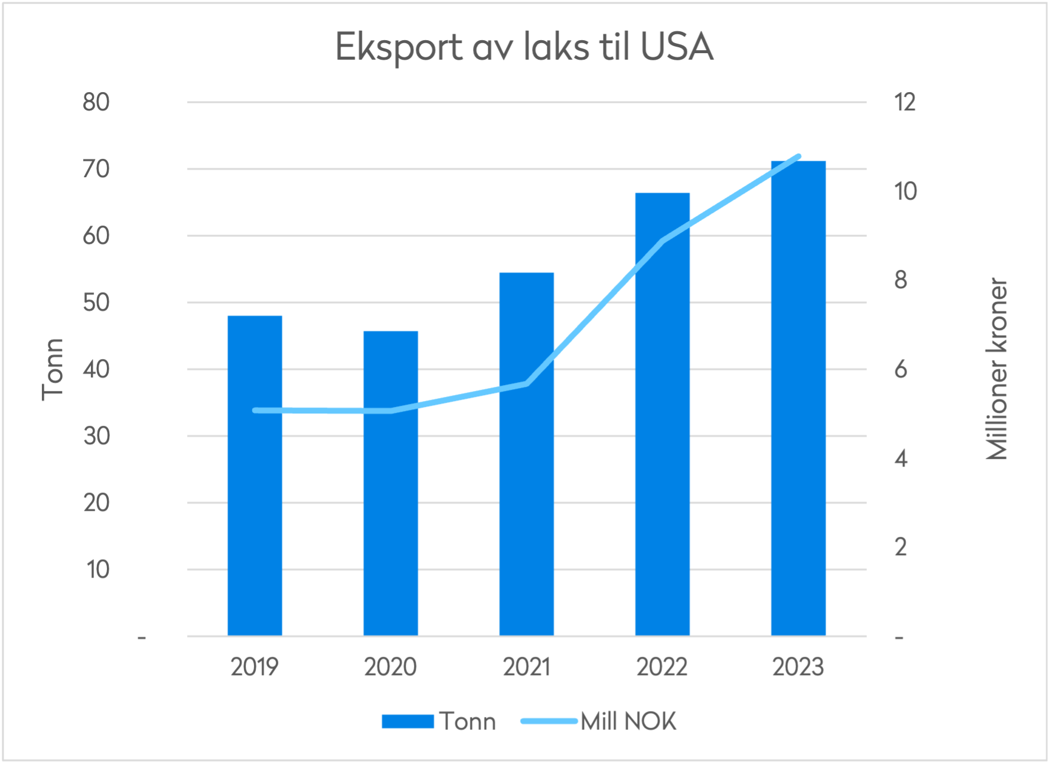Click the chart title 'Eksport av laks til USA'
(x=524, y=47)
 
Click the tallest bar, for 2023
(x=798, y=413)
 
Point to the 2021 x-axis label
(x=526, y=667)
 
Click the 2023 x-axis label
(x=798, y=667)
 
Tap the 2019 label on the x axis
(x=255, y=667)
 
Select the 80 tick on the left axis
(x=96, y=102)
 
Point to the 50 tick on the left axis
(x=96, y=302)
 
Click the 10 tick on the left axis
(x=97, y=569)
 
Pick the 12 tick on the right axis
(x=905, y=102)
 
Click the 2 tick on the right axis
(x=901, y=547)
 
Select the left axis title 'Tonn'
(x=53, y=369)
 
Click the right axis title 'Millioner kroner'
(x=997, y=369)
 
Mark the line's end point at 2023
(x=798, y=157)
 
